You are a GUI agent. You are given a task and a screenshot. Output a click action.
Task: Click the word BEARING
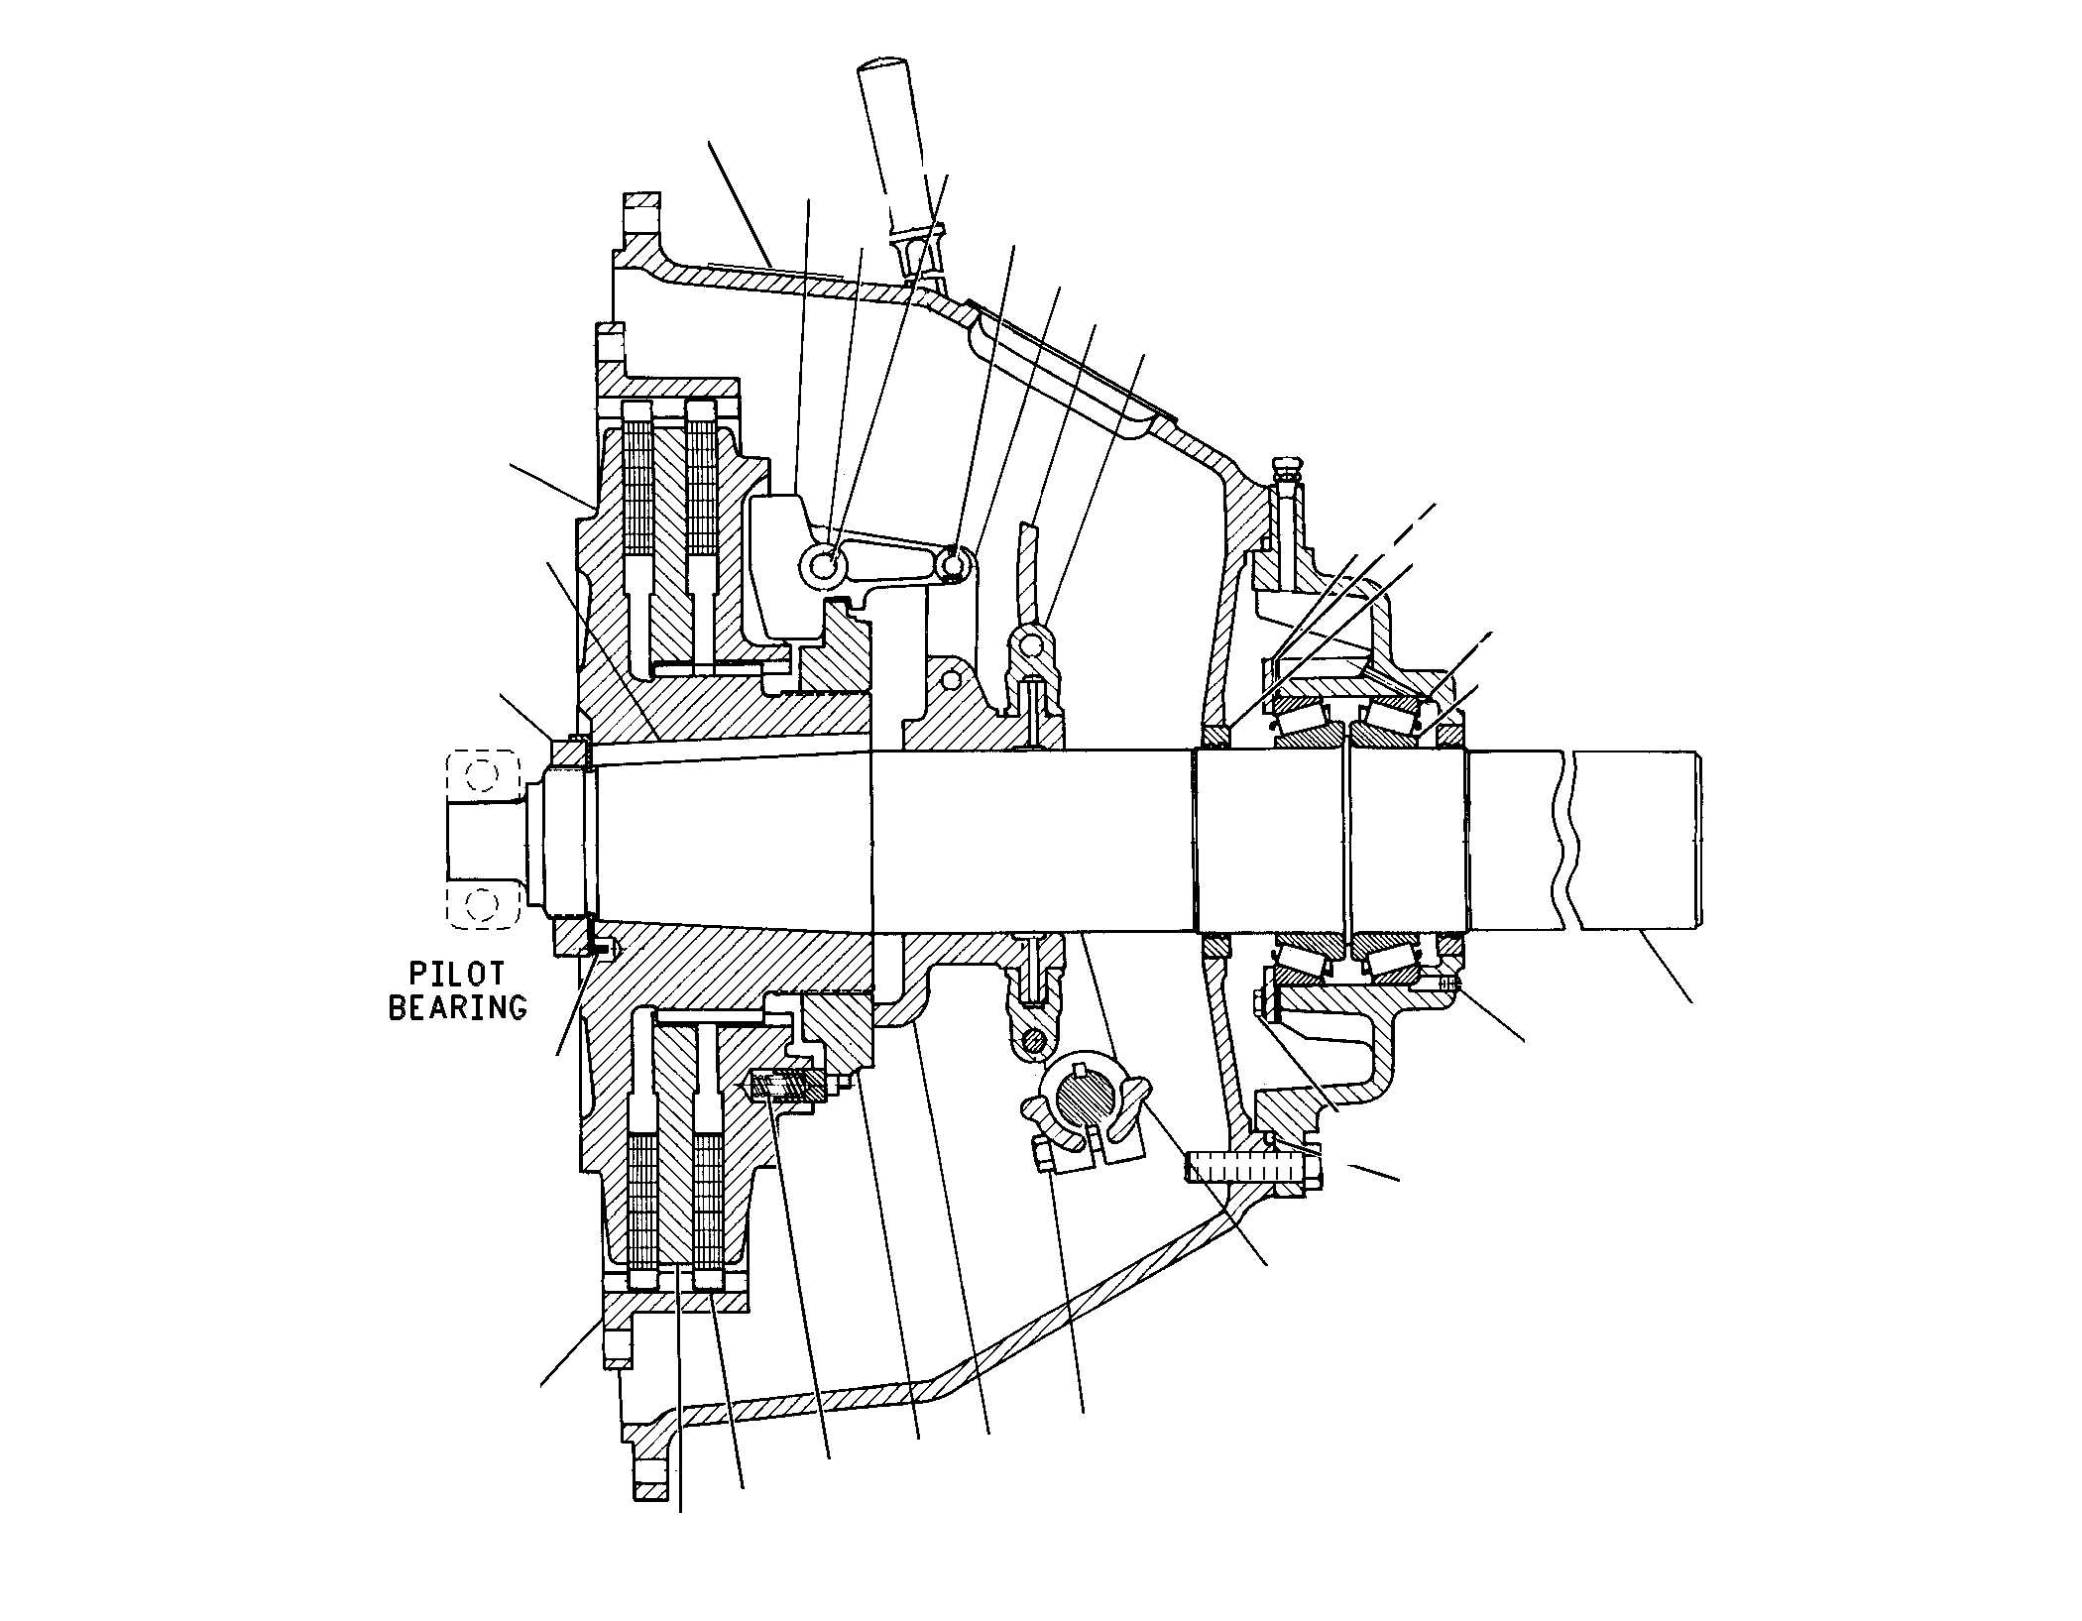click(x=456, y=1007)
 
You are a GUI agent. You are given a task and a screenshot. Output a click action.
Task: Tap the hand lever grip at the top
click(x=892, y=139)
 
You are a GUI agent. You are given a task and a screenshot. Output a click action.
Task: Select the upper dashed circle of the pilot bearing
click(x=482, y=773)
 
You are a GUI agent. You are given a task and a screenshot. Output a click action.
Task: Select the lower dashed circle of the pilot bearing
click(x=482, y=904)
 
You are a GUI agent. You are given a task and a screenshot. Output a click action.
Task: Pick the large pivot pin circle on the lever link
click(x=823, y=565)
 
